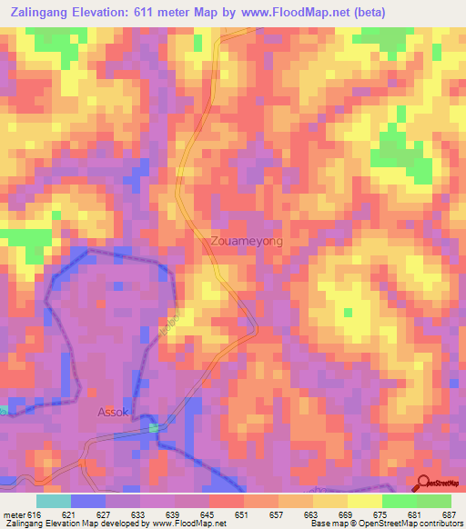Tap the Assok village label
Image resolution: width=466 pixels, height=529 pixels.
[114, 411]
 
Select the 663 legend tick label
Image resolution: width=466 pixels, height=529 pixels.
[312, 514]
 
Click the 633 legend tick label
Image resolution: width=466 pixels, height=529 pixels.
[137, 514]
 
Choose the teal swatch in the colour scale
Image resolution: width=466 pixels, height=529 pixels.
[54, 501]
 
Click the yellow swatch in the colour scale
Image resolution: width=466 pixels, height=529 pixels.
[364, 501]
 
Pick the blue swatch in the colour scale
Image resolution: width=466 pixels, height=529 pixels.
[88, 501]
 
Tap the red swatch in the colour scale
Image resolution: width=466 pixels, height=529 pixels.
[227, 501]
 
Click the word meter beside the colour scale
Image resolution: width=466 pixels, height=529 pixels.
[15, 514]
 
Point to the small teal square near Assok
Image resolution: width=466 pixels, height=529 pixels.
[154, 427]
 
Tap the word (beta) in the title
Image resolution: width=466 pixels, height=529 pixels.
[363, 13]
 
